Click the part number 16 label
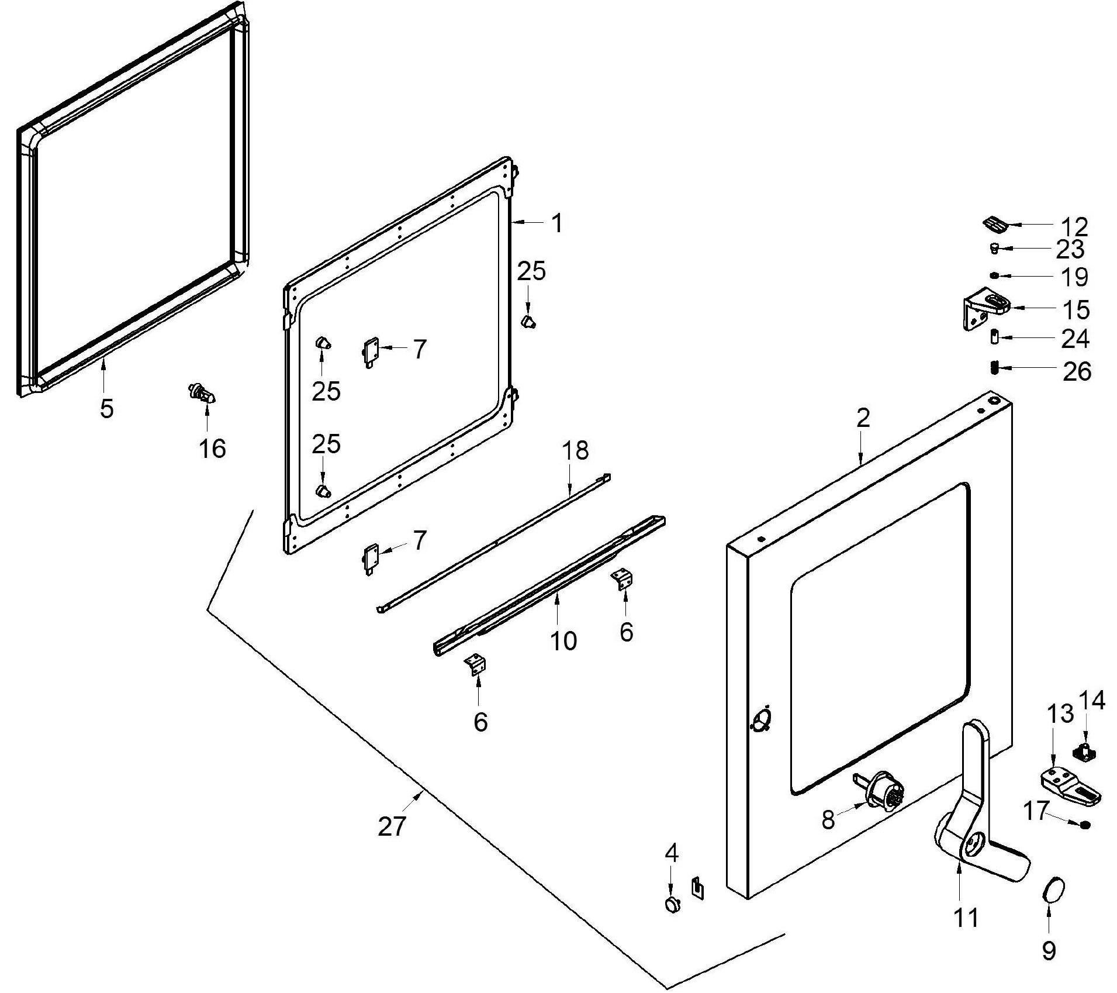tap(212, 449)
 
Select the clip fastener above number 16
tap(202, 392)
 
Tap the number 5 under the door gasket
tap(106, 409)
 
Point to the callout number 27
tap(392, 826)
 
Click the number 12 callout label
tap(1074, 226)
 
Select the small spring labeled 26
tap(994, 368)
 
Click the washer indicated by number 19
tap(994, 275)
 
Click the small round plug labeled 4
tap(673, 904)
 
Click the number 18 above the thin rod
tap(575, 450)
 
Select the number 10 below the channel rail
tap(563, 641)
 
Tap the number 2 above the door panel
tap(863, 418)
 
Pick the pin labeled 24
tap(994, 337)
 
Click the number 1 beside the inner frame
tap(557, 223)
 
